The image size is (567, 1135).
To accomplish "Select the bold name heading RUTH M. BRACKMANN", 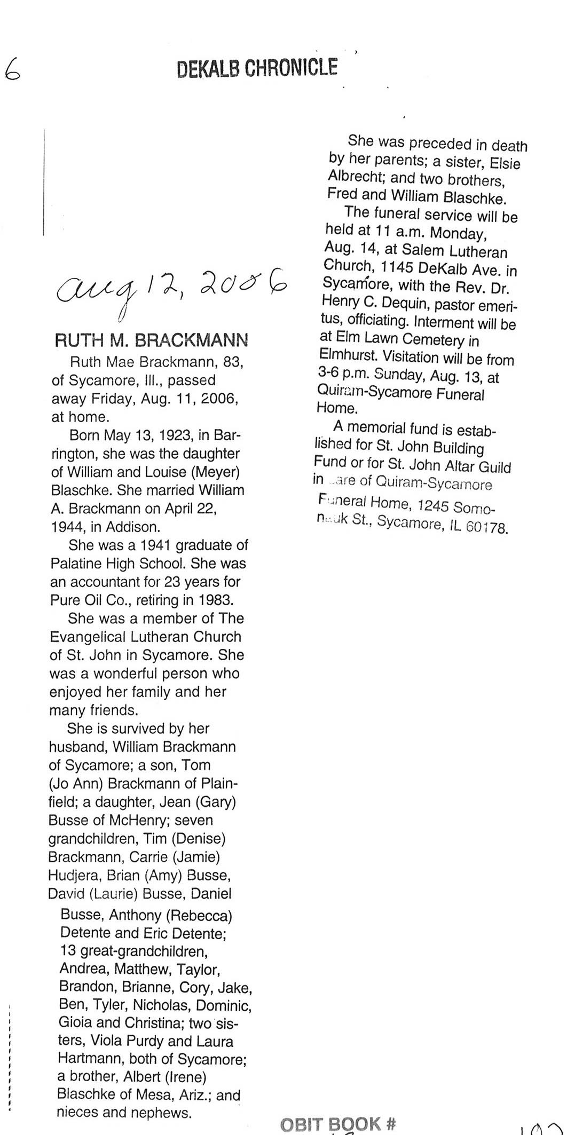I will (151, 340).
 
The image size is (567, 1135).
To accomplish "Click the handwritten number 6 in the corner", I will (12, 69).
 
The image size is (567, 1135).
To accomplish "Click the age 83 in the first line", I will (233, 362).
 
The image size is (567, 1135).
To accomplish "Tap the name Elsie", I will (505, 163).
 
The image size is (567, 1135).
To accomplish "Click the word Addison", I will (132, 527).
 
